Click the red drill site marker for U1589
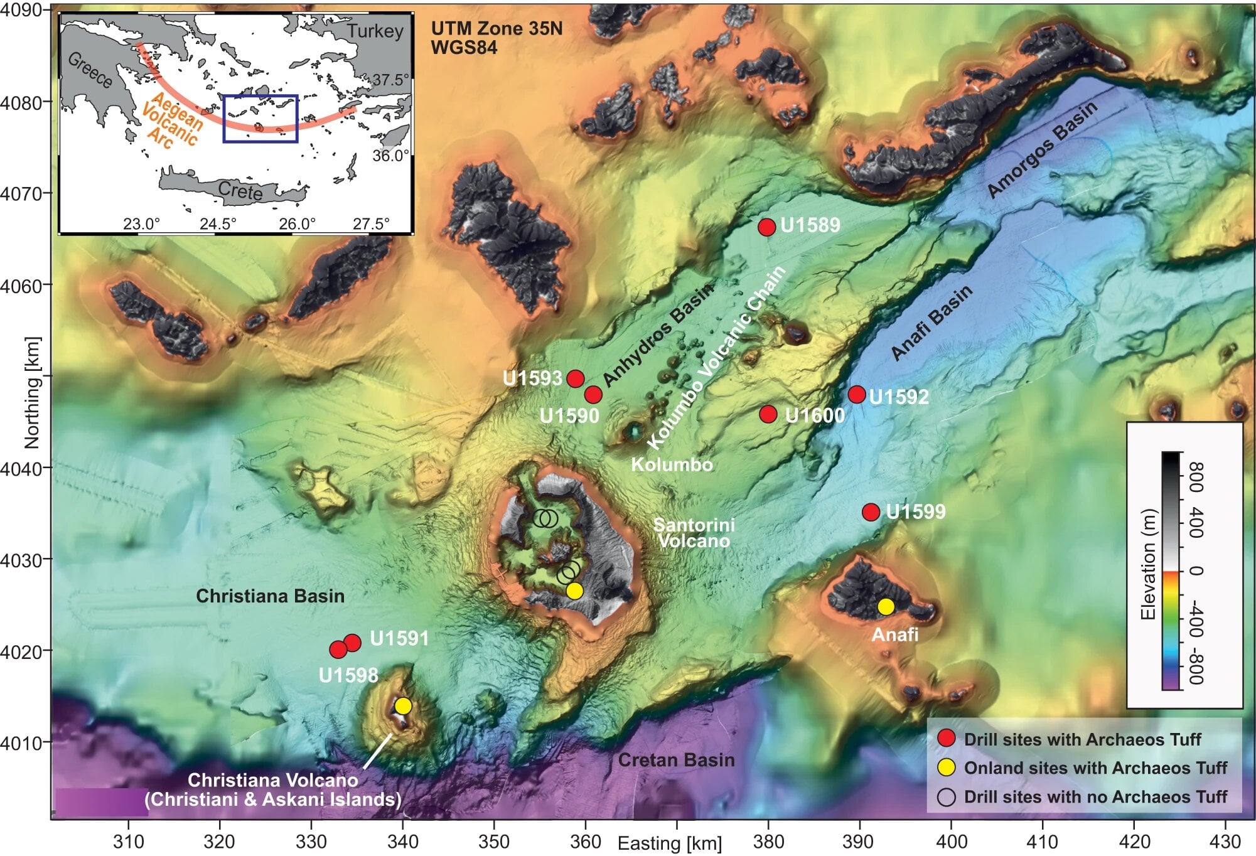pyautogui.click(x=766, y=227)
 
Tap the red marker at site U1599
pyautogui.click(x=871, y=512)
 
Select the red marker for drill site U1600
pyautogui.click(x=768, y=414)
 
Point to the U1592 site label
pyautogui.click(x=899, y=397)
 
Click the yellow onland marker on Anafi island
pyautogui.click(x=886, y=607)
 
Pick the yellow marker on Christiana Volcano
pyautogui.click(x=403, y=706)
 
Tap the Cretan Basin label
pyautogui.click(x=676, y=760)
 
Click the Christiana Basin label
pyautogui.click(x=270, y=596)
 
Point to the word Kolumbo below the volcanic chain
pyautogui.click(x=672, y=464)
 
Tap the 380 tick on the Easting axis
pyautogui.click(x=768, y=842)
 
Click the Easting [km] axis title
pyautogui.click(x=670, y=843)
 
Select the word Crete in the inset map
pyautogui.click(x=240, y=190)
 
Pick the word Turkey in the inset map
pyautogui.click(x=375, y=31)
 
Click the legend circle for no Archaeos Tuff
pyautogui.click(x=946, y=797)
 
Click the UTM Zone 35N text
pyautogui.click(x=496, y=28)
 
